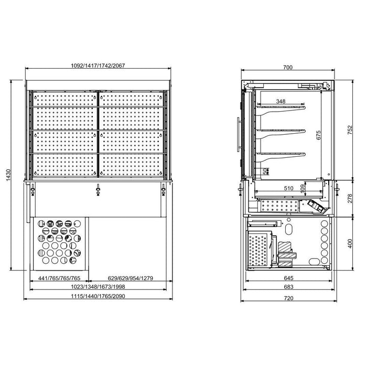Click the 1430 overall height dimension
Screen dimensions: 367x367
point(8,175)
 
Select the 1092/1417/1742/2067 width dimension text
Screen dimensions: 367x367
point(98,66)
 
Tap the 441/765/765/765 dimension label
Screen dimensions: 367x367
point(59,278)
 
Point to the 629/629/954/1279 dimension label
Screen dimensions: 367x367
point(131,278)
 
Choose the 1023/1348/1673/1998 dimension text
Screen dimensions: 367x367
point(98,287)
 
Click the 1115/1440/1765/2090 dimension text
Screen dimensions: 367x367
point(98,296)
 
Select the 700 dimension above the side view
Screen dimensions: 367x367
point(288,68)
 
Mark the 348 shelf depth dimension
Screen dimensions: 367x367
point(280,101)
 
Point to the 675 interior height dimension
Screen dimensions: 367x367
point(319,135)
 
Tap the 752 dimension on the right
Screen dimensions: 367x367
point(350,130)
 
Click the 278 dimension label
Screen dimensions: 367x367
point(350,199)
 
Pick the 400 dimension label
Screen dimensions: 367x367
point(350,243)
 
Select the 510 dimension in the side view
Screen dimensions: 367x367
point(288,188)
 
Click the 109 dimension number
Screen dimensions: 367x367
point(303,188)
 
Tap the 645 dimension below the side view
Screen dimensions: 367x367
point(288,278)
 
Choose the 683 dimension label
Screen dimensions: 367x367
point(288,287)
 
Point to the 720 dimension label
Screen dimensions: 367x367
point(288,298)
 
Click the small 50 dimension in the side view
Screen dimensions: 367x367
point(265,171)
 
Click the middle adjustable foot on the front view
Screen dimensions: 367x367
point(98,190)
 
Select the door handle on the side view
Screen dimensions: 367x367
point(239,135)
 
